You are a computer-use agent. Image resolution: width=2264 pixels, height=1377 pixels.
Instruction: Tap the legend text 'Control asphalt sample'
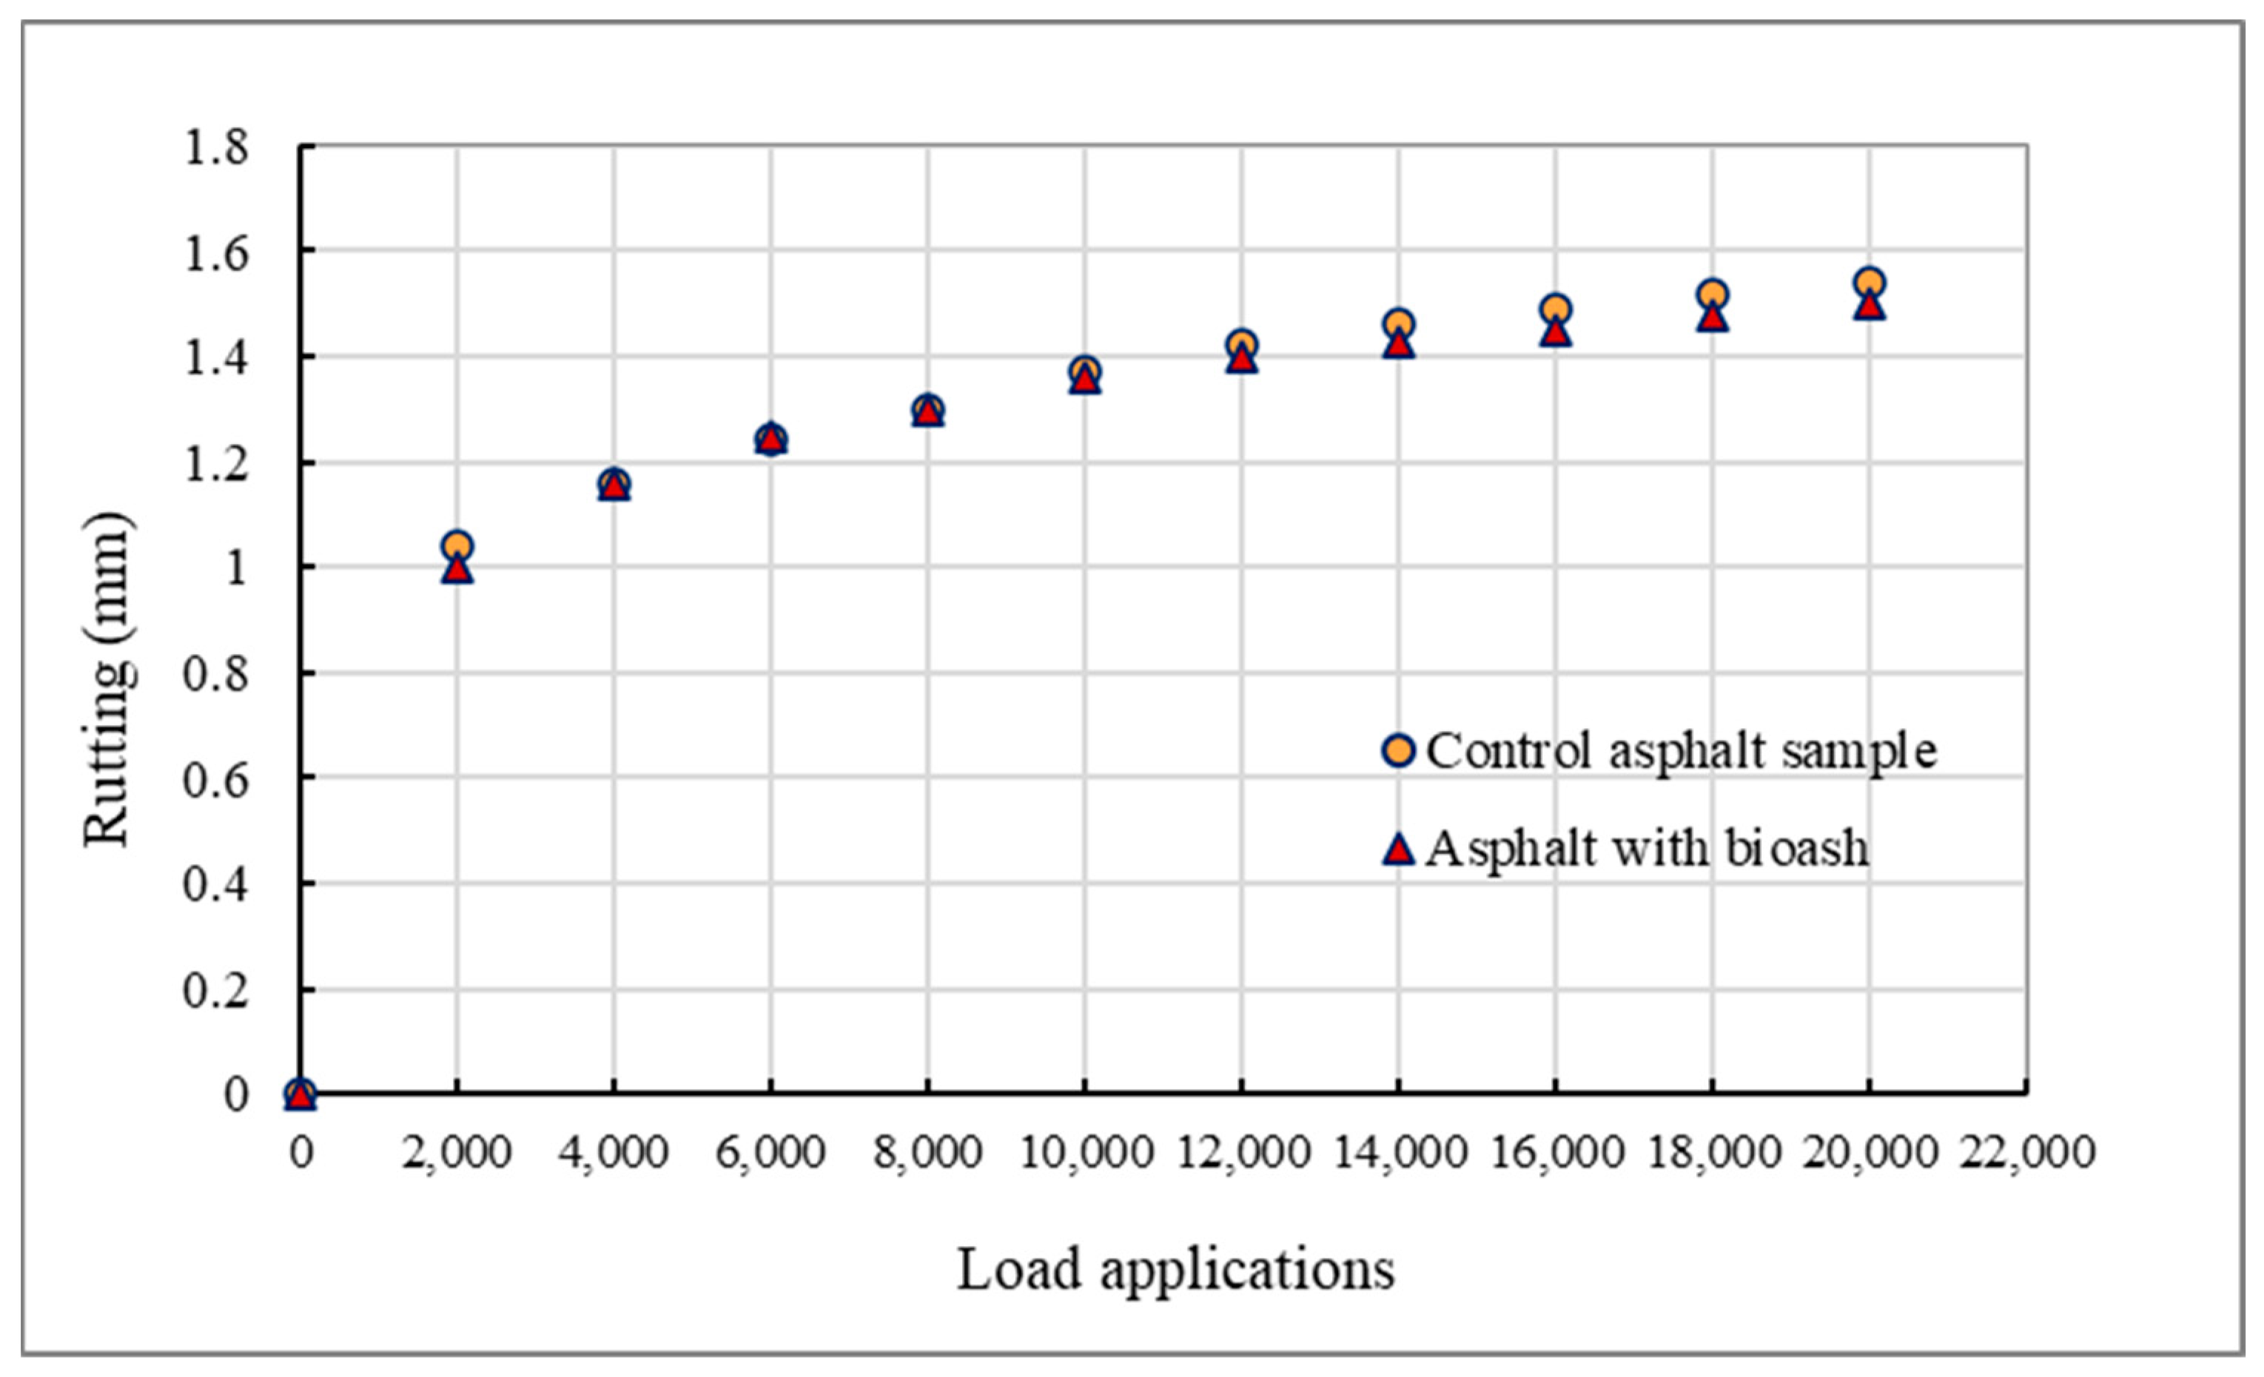(x=1682, y=752)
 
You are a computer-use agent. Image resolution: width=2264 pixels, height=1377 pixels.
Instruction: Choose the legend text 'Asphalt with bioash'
(x=1647, y=848)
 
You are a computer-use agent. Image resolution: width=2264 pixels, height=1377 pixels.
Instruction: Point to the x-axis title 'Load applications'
(x=1176, y=1270)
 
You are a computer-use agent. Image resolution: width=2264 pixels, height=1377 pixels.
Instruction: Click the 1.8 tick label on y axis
(x=217, y=147)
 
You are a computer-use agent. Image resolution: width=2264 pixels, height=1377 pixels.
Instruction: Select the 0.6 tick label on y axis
(x=217, y=780)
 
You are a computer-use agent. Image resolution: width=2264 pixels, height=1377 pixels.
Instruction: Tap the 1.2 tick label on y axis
(x=217, y=464)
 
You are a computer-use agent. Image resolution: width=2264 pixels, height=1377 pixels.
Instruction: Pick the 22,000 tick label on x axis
(x=2028, y=1152)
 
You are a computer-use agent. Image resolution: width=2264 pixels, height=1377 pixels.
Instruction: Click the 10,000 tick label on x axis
(x=1086, y=1152)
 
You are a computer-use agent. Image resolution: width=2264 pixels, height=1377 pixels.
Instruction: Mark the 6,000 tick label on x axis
(x=771, y=1152)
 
